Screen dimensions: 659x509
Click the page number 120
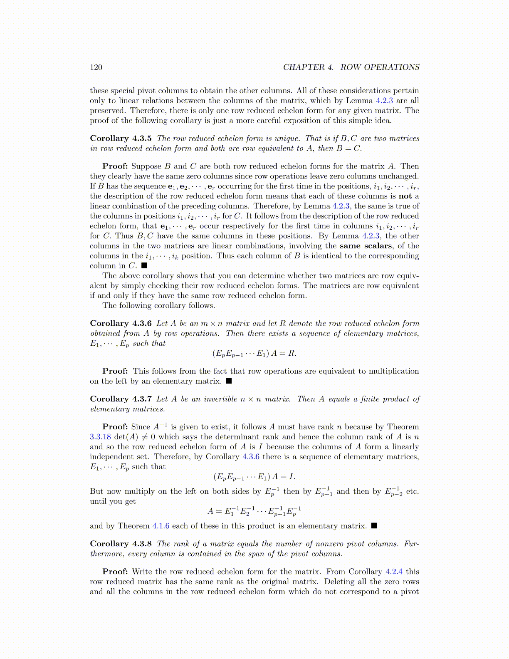point(96,67)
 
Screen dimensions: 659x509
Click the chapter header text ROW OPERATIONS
point(380,67)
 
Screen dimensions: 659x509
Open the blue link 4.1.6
point(161,526)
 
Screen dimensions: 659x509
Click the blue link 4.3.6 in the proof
point(251,457)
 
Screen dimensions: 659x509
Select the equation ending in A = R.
point(254,354)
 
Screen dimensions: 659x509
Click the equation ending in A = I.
point(254,477)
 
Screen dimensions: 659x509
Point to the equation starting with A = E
point(254,511)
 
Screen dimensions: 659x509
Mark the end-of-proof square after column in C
point(144,265)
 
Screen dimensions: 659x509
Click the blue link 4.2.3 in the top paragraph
point(384,101)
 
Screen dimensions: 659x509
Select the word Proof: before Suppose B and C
point(115,166)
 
